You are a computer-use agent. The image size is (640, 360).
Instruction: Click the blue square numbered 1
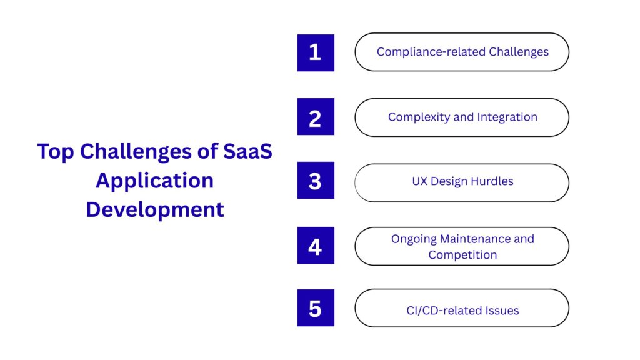pyautogui.click(x=316, y=52)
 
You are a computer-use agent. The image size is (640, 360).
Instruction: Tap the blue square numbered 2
pyautogui.click(x=316, y=117)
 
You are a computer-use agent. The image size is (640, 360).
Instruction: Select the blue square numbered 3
pyautogui.click(x=316, y=181)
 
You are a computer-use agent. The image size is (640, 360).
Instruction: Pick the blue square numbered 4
pyautogui.click(x=316, y=245)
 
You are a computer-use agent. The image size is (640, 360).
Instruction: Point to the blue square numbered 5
pyautogui.click(x=316, y=307)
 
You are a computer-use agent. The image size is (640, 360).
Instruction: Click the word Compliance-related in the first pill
pyautogui.click(x=431, y=52)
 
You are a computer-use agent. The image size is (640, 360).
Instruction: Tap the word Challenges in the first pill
pyautogui.click(x=519, y=52)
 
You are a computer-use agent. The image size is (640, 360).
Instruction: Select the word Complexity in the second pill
pyautogui.click(x=419, y=117)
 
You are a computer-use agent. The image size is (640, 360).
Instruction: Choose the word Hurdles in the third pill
pyautogui.click(x=492, y=181)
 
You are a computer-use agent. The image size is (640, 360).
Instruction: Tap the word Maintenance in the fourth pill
pyautogui.click(x=475, y=239)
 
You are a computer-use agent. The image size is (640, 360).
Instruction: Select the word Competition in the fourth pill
pyautogui.click(x=462, y=255)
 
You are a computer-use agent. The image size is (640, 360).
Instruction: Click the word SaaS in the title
pyautogui.click(x=247, y=151)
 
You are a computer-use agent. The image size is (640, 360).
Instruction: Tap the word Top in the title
pyautogui.click(x=56, y=152)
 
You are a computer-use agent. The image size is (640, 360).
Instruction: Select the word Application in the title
pyautogui.click(x=155, y=181)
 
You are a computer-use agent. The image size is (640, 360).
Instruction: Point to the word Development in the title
pyautogui.click(x=155, y=210)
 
